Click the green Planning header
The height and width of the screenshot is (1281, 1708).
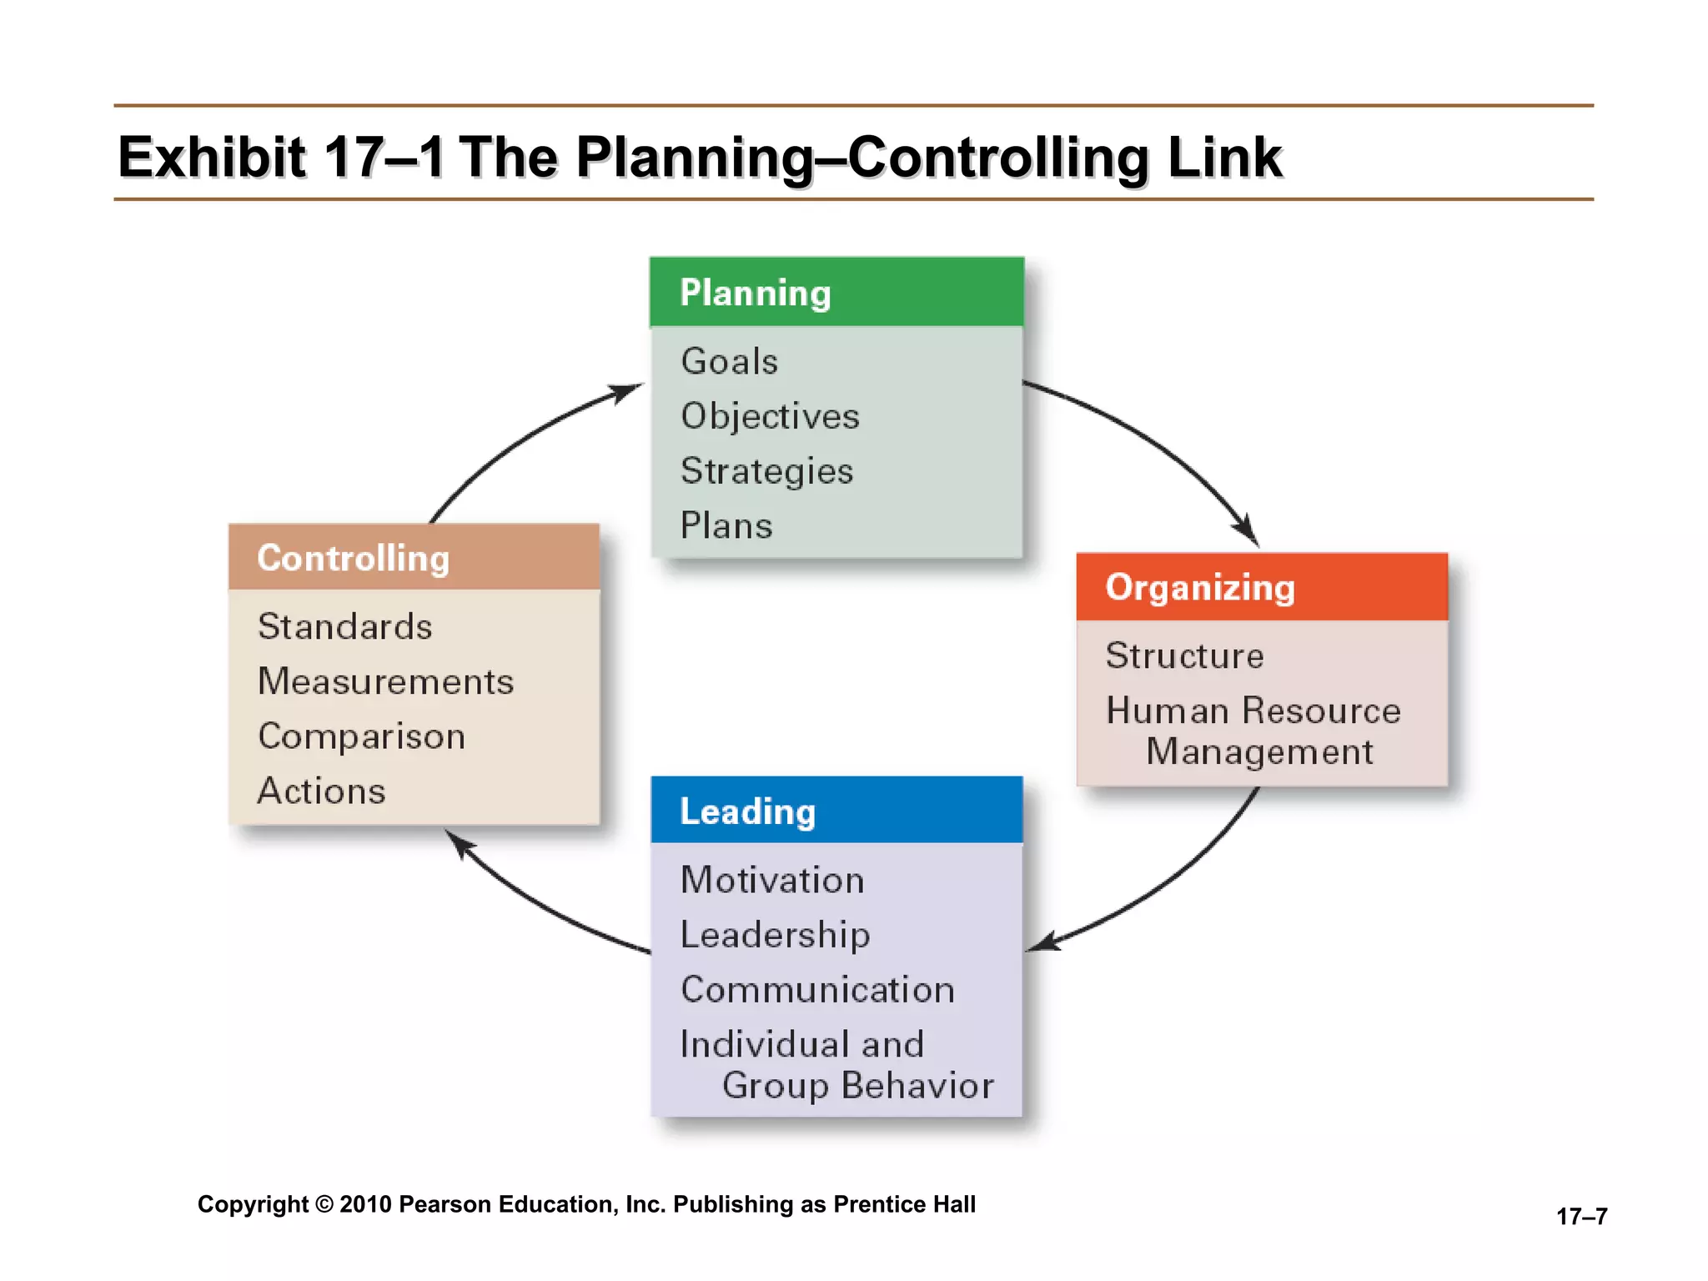point(836,292)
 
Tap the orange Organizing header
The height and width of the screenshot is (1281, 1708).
point(1262,587)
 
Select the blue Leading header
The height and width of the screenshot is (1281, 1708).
point(836,811)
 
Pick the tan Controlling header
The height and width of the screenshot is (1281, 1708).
point(414,558)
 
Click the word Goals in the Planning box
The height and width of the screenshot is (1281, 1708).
point(730,362)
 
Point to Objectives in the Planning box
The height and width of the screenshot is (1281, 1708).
point(770,416)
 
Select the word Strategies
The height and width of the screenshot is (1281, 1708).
point(766,471)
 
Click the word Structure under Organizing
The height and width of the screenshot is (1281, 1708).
point(1184,656)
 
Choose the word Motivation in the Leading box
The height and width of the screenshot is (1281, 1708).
point(772,881)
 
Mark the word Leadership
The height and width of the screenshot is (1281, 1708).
point(775,935)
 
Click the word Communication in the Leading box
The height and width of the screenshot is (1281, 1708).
point(817,990)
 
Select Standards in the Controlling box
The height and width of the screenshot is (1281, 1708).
point(345,626)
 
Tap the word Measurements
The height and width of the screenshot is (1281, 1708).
point(385,681)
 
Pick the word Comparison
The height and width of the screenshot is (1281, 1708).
point(361,736)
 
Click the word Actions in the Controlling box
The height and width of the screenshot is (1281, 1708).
point(322,791)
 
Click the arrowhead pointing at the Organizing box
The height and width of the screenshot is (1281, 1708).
point(1248,532)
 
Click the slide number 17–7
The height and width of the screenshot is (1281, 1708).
point(1581,1217)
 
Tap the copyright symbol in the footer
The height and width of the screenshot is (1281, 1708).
point(324,1204)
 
